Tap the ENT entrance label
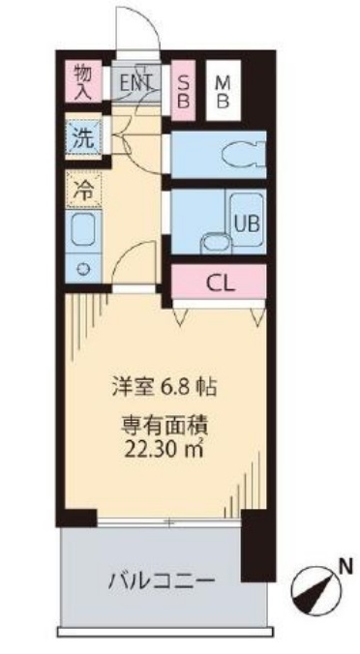[136, 82]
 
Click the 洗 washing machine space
[85, 137]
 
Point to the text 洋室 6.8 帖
[161, 387]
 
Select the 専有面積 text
[161, 425]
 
